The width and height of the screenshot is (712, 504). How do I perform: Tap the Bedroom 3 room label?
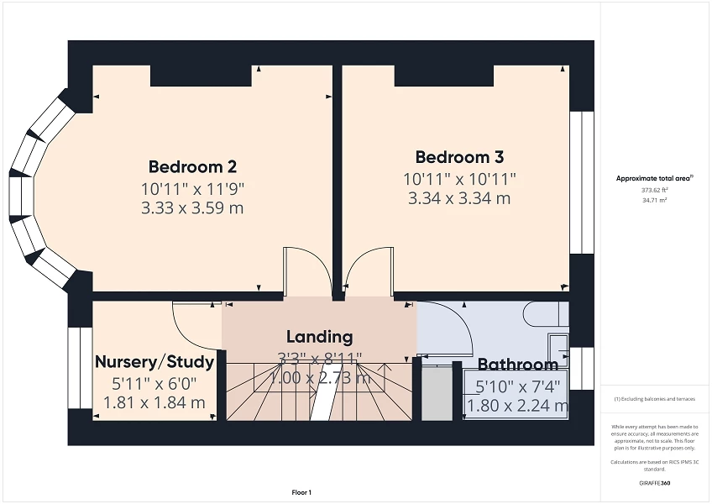(x=459, y=157)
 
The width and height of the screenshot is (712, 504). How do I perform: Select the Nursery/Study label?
(x=154, y=362)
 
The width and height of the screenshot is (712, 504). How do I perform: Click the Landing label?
(x=319, y=337)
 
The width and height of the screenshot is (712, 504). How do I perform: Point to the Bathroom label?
(x=517, y=365)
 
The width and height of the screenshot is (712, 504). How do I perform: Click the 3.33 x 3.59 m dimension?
(x=192, y=207)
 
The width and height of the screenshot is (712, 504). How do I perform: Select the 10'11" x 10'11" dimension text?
(x=459, y=178)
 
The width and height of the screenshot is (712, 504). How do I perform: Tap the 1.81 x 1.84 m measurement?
(x=154, y=402)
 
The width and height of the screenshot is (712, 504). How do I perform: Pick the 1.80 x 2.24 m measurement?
(x=517, y=407)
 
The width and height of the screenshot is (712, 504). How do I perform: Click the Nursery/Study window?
(x=80, y=368)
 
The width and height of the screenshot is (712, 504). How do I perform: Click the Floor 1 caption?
(x=301, y=492)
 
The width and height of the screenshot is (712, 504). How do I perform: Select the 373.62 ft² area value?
(x=654, y=191)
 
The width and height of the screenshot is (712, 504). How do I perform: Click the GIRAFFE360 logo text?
(x=654, y=484)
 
